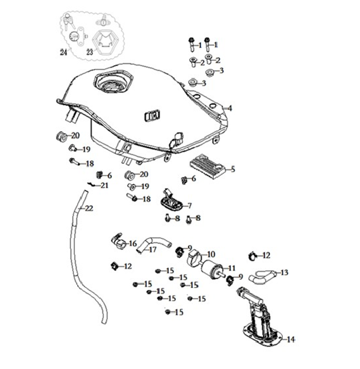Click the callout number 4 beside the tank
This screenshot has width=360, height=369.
click(230, 108)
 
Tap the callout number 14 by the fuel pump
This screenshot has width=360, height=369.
click(291, 339)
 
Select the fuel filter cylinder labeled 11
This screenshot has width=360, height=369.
click(212, 270)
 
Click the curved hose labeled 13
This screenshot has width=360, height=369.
click(263, 277)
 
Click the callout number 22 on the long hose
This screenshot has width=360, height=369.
click(89, 208)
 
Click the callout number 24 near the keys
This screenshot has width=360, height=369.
click(63, 52)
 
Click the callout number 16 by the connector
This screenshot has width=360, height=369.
click(133, 243)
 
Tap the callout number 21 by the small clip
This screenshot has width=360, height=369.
click(104, 185)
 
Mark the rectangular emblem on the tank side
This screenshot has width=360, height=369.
click(152, 116)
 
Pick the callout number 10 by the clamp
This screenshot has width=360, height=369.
click(211, 254)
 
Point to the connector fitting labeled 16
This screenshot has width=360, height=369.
click(119, 241)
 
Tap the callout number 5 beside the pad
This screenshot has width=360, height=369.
click(233, 169)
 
